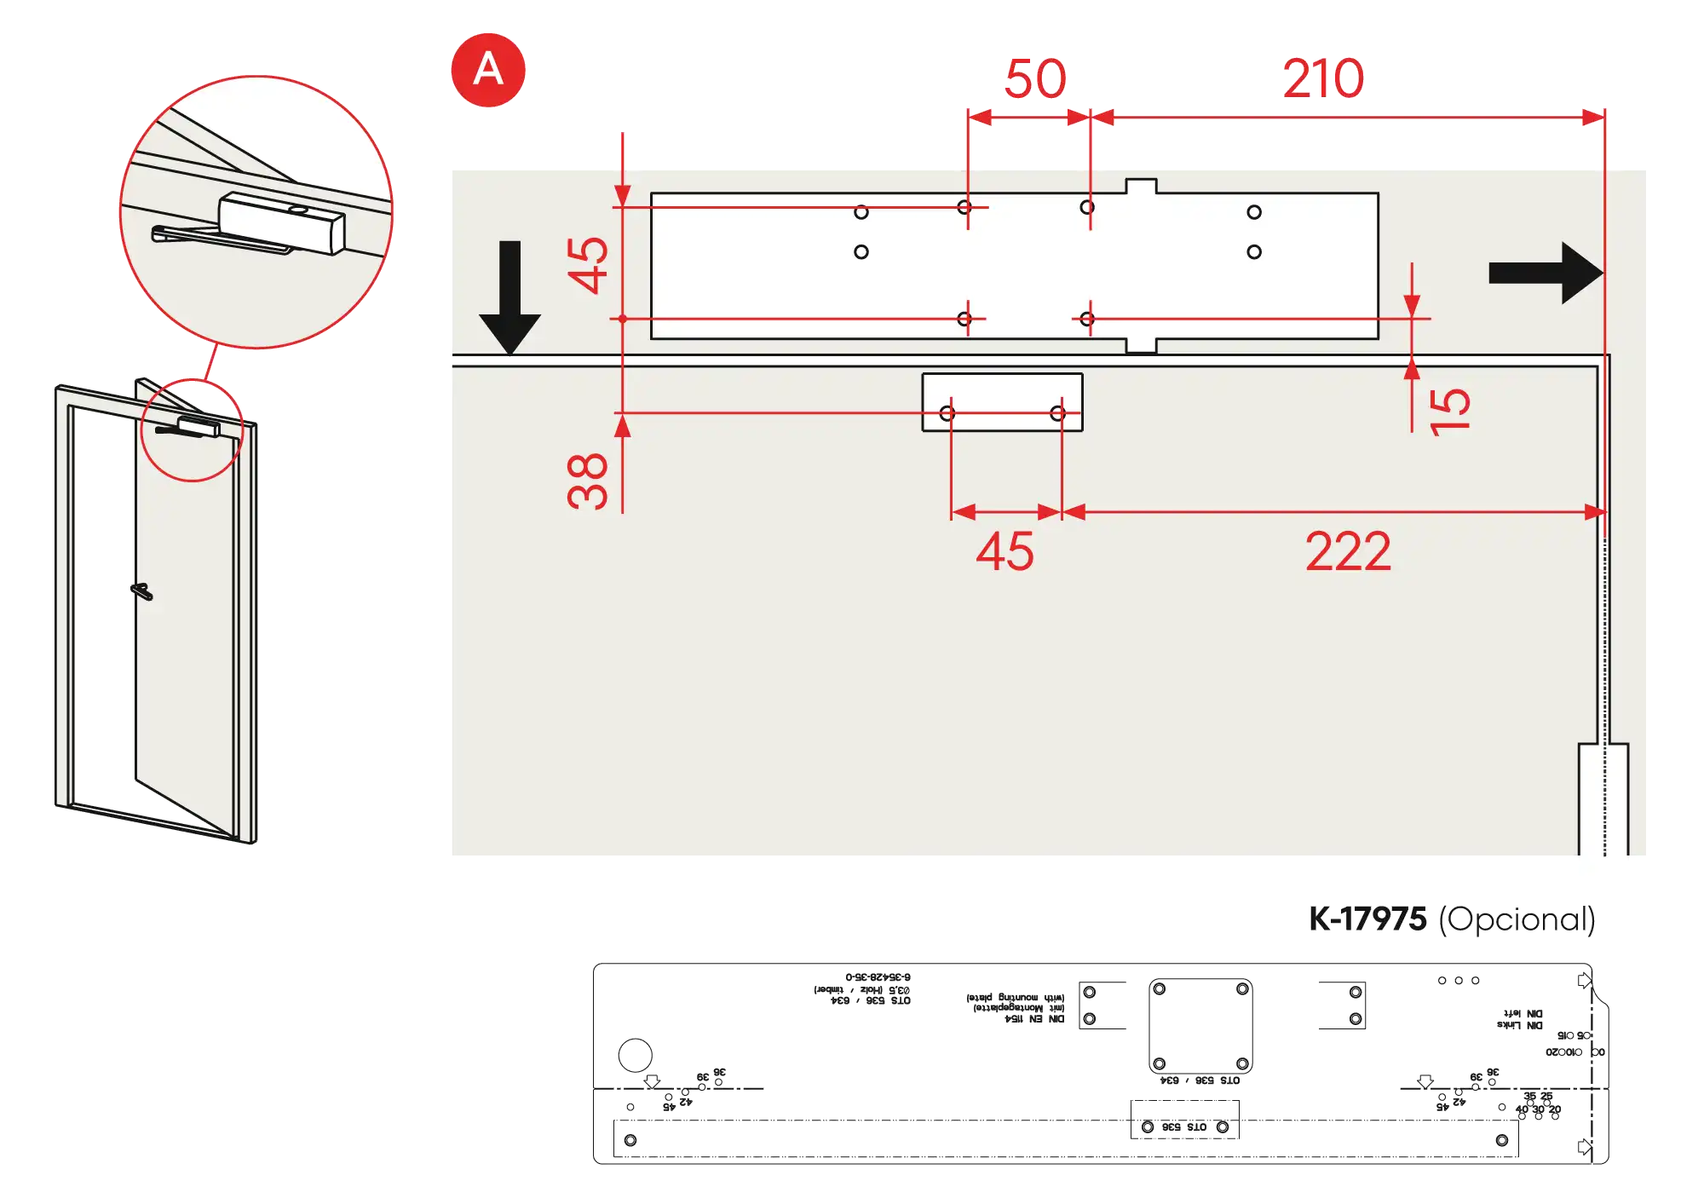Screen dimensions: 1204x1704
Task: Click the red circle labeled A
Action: [x=487, y=70]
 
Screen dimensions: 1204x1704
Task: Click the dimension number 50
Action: [x=1034, y=78]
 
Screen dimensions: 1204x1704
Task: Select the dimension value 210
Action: [x=1322, y=78]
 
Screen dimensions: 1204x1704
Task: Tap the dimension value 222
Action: [x=1348, y=552]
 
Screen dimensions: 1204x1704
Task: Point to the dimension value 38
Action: [x=587, y=481]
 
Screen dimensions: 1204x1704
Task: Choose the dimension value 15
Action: [x=1450, y=412]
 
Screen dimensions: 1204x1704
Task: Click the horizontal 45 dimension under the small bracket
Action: [x=1005, y=552]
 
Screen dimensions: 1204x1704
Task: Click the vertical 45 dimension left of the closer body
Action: [x=589, y=265]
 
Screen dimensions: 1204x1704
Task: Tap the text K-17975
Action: [x=1367, y=919]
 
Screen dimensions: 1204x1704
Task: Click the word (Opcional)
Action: [x=1517, y=919]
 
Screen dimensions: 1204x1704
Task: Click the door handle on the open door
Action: [x=142, y=591]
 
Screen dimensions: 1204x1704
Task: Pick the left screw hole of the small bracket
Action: [x=947, y=413]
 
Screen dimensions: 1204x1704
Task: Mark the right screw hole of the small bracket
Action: [x=1057, y=413]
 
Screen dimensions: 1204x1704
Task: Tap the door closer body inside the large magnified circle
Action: [x=281, y=222]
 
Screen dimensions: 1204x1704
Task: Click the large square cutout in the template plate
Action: [x=1200, y=1027]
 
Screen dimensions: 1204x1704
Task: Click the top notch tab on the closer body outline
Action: [x=1141, y=186]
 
